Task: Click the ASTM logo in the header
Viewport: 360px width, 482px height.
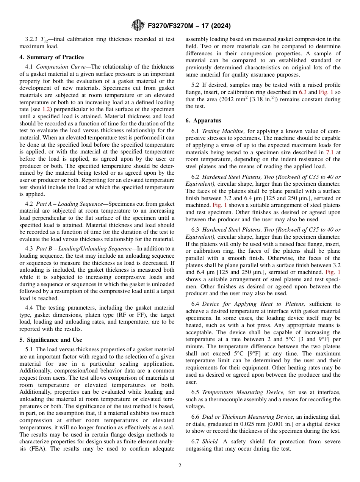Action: (138, 26)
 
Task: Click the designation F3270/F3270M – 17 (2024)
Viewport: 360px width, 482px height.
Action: (189, 26)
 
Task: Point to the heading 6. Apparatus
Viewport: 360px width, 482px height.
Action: (203, 121)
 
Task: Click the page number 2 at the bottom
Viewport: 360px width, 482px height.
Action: (180, 466)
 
